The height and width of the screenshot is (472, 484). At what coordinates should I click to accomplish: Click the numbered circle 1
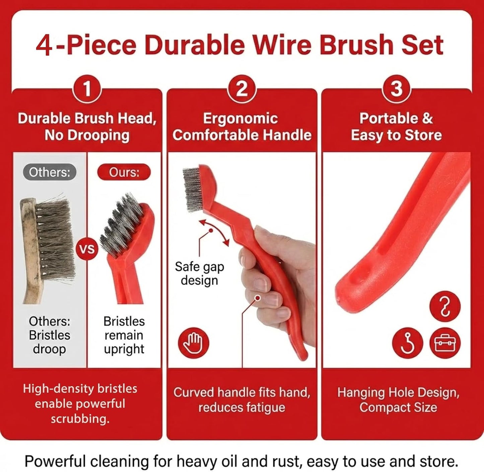click(87, 89)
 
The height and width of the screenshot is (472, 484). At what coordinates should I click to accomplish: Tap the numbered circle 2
click(241, 89)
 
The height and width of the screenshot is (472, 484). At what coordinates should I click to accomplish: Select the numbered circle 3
click(397, 89)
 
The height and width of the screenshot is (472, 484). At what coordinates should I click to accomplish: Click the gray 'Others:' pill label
click(50, 172)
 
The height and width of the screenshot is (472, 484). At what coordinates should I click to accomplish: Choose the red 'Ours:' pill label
click(124, 172)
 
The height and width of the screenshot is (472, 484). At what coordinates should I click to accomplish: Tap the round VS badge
click(87, 249)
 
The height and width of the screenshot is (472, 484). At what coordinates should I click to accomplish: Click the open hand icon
click(193, 343)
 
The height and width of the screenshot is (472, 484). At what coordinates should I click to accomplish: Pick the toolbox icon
click(445, 343)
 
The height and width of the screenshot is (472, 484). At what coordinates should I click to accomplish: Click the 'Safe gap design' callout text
click(200, 274)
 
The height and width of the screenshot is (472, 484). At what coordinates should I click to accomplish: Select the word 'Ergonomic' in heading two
click(240, 118)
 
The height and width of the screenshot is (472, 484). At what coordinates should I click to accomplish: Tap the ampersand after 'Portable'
click(427, 118)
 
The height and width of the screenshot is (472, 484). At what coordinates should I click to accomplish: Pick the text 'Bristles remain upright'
click(124, 335)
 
